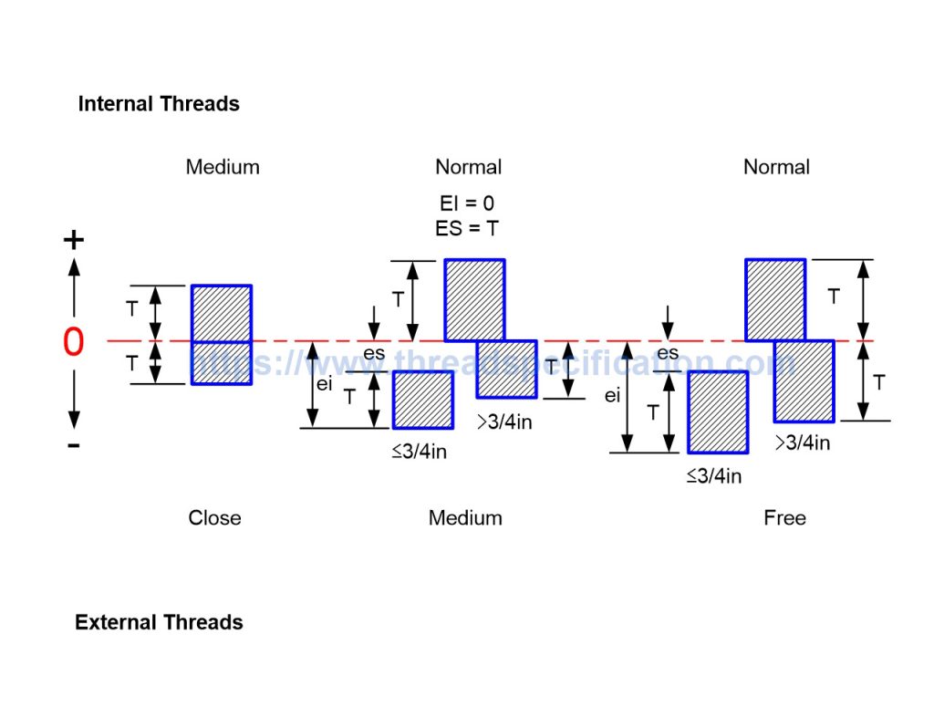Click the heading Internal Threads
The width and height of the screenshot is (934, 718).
[159, 104]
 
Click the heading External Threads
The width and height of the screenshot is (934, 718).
[159, 623]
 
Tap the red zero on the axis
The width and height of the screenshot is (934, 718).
[73, 342]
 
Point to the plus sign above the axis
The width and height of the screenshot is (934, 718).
[73, 240]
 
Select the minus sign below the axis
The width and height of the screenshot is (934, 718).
[74, 445]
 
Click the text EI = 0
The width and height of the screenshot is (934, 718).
[467, 203]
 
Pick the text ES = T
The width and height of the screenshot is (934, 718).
[467, 228]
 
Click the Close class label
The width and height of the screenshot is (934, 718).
[214, 518]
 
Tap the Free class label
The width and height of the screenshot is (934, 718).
[784, 518]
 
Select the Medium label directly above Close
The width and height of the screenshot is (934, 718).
[223, 167]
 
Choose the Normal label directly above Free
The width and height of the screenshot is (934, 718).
[776, 167]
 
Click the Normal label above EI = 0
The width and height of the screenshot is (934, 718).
[468, 167]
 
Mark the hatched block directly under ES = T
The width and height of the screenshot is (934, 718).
[474, 300]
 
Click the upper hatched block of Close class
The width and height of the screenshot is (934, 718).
[221, 313]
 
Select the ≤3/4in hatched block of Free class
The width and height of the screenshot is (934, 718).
[718, 412]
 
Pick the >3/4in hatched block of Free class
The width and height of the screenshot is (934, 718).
[804, 381]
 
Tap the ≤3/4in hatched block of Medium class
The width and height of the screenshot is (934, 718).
[423, 400]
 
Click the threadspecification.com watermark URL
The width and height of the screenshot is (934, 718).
[493, 363]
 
